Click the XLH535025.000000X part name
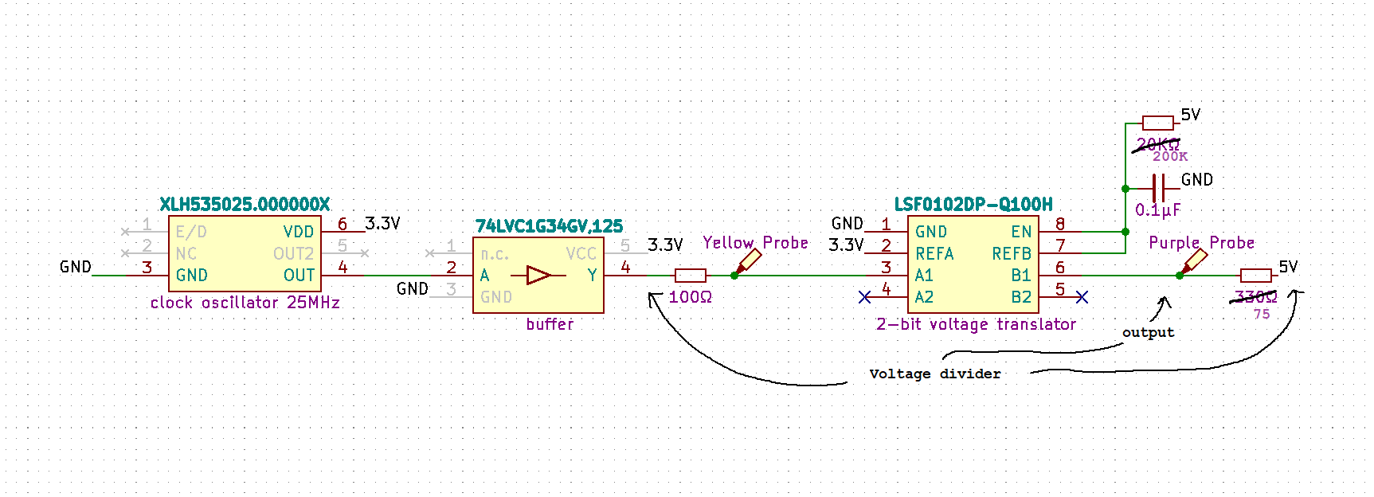245,205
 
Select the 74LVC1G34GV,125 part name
549,226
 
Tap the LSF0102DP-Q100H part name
973,205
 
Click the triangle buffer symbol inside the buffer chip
538,276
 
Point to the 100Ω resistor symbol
690,276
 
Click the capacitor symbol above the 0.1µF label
1159,189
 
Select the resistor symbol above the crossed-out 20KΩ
1157,123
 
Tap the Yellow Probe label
755,243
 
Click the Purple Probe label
1201,243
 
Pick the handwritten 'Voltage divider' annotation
934,374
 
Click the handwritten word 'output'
1148,332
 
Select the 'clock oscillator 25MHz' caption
245,303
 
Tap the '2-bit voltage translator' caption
976,324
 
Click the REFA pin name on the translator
934,253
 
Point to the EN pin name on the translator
1021,232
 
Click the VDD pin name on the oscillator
299,232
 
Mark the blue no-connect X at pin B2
1082,297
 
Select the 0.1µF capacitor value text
1157,210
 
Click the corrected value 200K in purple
1170,157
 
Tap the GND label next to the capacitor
1196,180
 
